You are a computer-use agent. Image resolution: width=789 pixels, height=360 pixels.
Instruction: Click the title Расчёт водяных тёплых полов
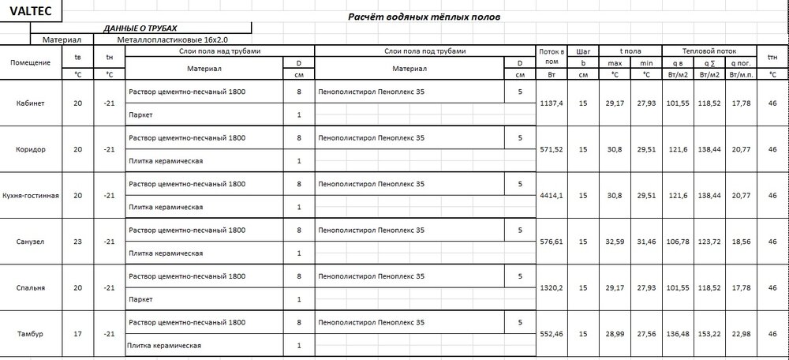coord(424,17)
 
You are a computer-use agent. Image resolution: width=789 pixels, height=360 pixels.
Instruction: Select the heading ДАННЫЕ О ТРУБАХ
coord(146,28)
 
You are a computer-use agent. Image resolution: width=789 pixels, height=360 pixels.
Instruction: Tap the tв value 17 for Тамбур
coord(77,334)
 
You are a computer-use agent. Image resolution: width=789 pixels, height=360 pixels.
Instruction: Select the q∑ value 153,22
coord(709,334)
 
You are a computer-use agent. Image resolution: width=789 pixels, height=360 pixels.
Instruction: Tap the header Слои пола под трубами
coord(424,50)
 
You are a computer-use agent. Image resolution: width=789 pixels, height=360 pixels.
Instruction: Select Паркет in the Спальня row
coord(139,299)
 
